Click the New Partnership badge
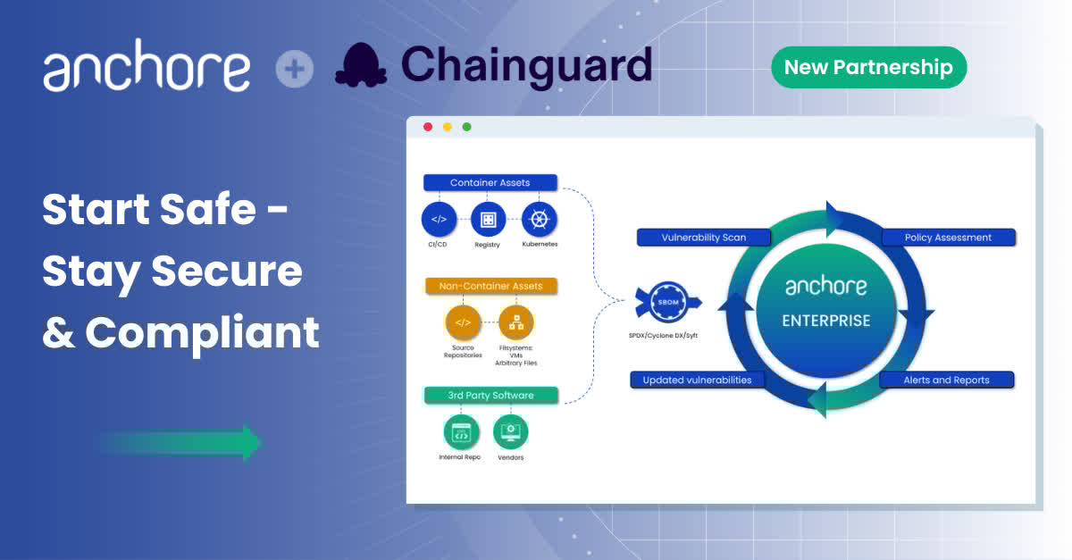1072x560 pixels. click(868, 67)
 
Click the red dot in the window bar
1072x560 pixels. click(428, 127)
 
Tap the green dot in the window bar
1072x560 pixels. click(466, 127)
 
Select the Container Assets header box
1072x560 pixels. click(490, 183)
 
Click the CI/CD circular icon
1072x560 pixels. click(439, 219)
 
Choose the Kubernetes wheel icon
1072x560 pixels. click(540, 219)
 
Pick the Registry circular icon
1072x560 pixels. click(488, 219)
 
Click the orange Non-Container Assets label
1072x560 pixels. click(490, 287)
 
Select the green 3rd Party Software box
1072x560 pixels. click(490, 395)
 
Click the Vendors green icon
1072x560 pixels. click(511, 432)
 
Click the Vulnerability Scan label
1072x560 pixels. click(704, 238)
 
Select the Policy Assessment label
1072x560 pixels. click(948, 238)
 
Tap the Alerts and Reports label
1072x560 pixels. click(947, 380)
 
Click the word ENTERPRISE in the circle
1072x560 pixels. click(825, 321)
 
